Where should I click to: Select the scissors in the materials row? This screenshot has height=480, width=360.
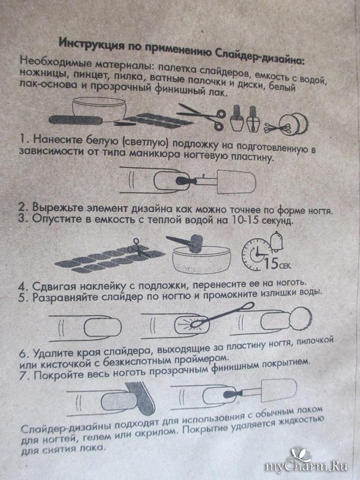202,116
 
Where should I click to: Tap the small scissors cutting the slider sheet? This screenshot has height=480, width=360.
138,247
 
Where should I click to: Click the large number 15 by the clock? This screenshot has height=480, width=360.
271,262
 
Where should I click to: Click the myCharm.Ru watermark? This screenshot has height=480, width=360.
306,466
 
